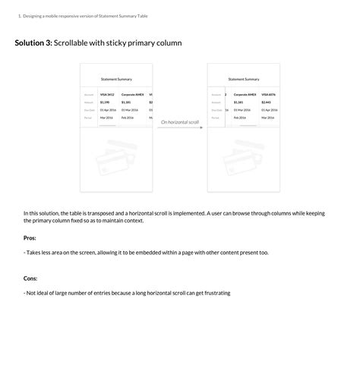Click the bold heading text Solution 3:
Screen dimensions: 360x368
click(33, 43)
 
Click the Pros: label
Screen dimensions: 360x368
click(30, 238)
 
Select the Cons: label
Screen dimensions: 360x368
click(30, 278)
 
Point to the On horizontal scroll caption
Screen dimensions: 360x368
click(180, 121)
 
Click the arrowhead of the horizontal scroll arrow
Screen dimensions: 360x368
click(201, 127)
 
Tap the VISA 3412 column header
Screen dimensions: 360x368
click(107, 95)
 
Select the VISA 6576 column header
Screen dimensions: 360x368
click(269, 95)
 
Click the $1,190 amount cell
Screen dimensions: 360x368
click(105, 102)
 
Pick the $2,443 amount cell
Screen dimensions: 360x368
click(266, 102)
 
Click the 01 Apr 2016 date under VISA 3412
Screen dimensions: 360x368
click(108, 110)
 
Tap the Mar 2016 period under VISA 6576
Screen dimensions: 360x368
click(267, 118)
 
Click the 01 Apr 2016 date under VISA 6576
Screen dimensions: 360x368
click(270, 110)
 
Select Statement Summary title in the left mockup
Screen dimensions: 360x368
click(116, 79)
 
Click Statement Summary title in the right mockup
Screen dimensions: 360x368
click(244, 79)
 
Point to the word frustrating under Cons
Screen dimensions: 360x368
click(213, 293)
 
